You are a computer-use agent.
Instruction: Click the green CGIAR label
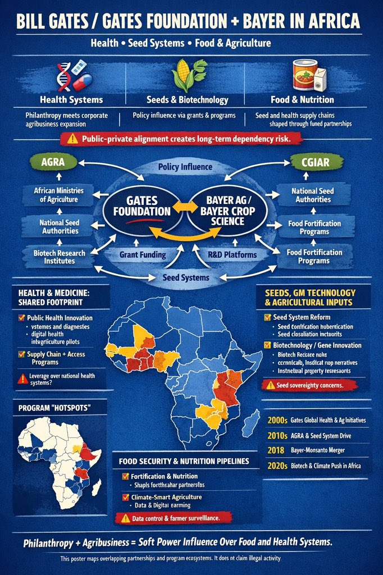click(x=314, y=163)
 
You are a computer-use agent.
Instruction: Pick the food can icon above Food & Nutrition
click(x=304, y=75)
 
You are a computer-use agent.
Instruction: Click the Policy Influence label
click(x=185, y=167)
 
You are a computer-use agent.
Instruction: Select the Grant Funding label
click(x=143, y=254)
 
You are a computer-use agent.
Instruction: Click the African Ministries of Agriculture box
click(x=59, y=195)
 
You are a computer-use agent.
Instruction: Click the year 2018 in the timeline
click(x=275, y=450)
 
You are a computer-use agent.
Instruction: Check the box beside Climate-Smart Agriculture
click(x=125, y=497)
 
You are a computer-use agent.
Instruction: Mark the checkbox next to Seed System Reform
click(x=267, y=317)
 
